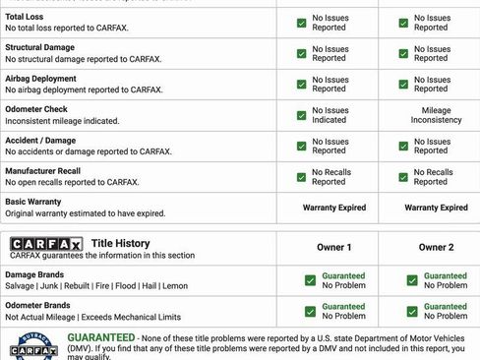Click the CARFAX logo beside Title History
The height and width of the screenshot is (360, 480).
point(46,242)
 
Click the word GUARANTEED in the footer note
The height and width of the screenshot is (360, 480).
point(100,336)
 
